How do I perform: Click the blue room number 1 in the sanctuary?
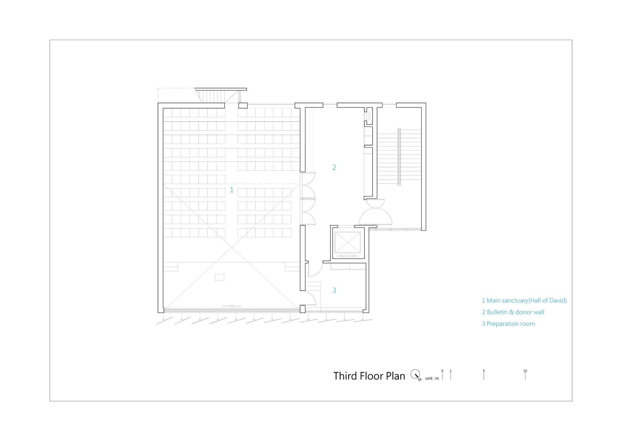pyautogui.click(x=231, y=190)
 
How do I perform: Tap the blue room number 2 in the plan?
pyautogui.click(x=334, y=167)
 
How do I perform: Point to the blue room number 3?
pyautogui.click(x=334, y=290)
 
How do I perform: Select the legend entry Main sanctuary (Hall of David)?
pyautogui.click(x=524, y=301)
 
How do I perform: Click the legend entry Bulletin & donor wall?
pyautogui.click(x=513, y=312)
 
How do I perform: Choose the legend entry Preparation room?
pyautogui.click(x=508, y=324)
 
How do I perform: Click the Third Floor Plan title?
pyautogui.click(x=369, y=376)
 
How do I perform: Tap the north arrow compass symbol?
pyautogui.click(x=415, y=375)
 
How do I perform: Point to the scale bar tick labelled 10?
pyautogui.click(x=525, y=376)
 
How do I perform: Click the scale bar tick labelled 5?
pyautogui.click(x=484, y=376)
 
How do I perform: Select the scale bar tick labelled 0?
pyautogui.click(x=442, y=376)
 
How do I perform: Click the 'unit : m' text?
pyautogui.click(x=432, y=378)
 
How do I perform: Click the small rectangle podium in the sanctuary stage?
pyautogui.click(x=219, y=277)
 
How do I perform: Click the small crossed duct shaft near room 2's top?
pyautogui.click(x=370, y=116)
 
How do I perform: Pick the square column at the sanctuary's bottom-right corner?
pyautogui.click(x=302, y=309)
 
